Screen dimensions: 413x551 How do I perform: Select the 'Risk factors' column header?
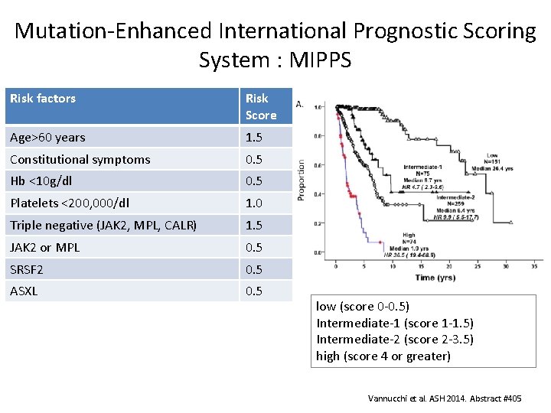[43, 99]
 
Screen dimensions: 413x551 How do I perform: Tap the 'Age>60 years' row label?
[47, 138]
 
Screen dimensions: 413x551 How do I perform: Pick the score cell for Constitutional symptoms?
[255, 160]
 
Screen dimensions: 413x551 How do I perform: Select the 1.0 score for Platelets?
[255, 204]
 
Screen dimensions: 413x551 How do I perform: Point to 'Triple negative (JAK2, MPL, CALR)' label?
[103, 226]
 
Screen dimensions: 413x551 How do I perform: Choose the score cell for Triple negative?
[255, 226]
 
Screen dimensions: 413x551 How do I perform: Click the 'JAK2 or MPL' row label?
[44, 248]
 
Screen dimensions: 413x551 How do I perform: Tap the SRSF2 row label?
[28, 269]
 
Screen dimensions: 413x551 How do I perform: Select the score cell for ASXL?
[255, 291]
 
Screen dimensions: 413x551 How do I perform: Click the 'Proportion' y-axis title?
[301, 180]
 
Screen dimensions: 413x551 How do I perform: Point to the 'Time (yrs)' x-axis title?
[436, 278]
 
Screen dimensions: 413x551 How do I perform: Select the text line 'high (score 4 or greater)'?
[383, 356]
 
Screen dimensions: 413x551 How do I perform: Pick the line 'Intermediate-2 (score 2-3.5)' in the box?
[395, 339]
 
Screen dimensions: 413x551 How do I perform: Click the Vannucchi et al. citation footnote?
[445, 398]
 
